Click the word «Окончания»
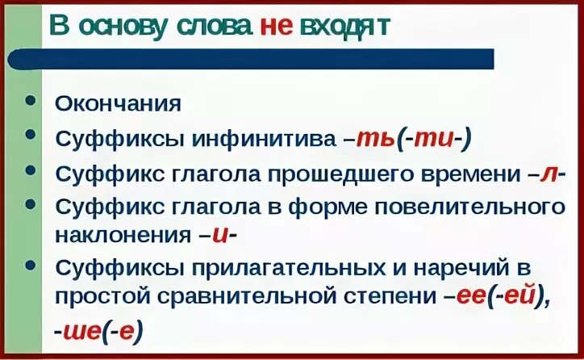click(x=118, y=104)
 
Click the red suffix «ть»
click(x=376, y=138)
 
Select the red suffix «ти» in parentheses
click(x=437, y=138)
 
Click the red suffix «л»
click(x=551, y=173)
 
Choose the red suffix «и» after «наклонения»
click(x=218, y=235)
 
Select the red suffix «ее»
click(x=470, y=295)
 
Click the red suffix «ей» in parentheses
click(x=520, y=295)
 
